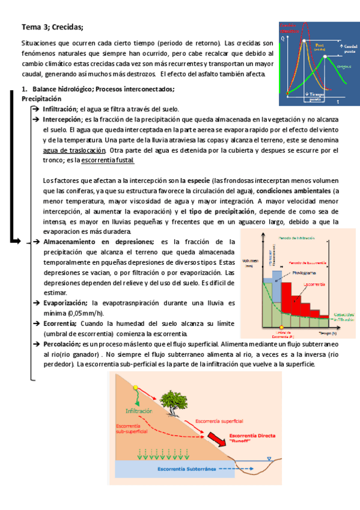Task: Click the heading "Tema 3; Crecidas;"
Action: tap(52, 27)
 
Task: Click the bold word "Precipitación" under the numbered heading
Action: tap(41, 98)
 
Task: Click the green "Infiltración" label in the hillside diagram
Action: tap(140, 411)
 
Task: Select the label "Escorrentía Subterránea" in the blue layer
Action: tap(186, 468)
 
